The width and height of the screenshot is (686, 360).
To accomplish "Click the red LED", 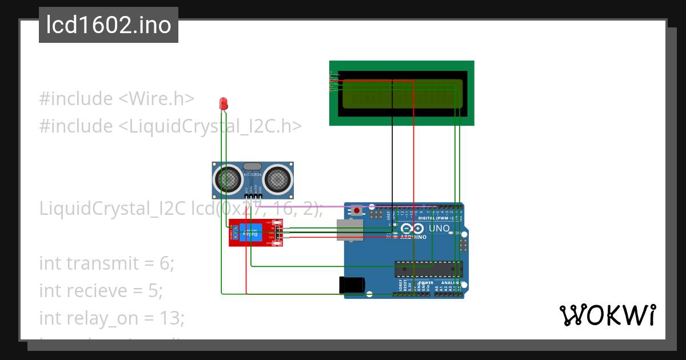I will pos(224,103).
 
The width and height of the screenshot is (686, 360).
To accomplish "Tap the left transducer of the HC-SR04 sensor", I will pos(228,179).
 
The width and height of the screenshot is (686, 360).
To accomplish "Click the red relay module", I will pos(256,233).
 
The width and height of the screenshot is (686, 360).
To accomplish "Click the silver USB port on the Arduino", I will pos(350,230).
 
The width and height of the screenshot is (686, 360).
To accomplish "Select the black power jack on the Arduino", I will pos(353,285).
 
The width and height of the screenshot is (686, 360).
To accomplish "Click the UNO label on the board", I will pos(440,229).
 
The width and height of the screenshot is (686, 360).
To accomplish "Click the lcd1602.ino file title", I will pos(109,25).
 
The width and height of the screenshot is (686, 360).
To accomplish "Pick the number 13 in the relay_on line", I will pos(173,318).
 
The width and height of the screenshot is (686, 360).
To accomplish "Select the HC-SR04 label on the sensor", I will pos(253,174).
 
